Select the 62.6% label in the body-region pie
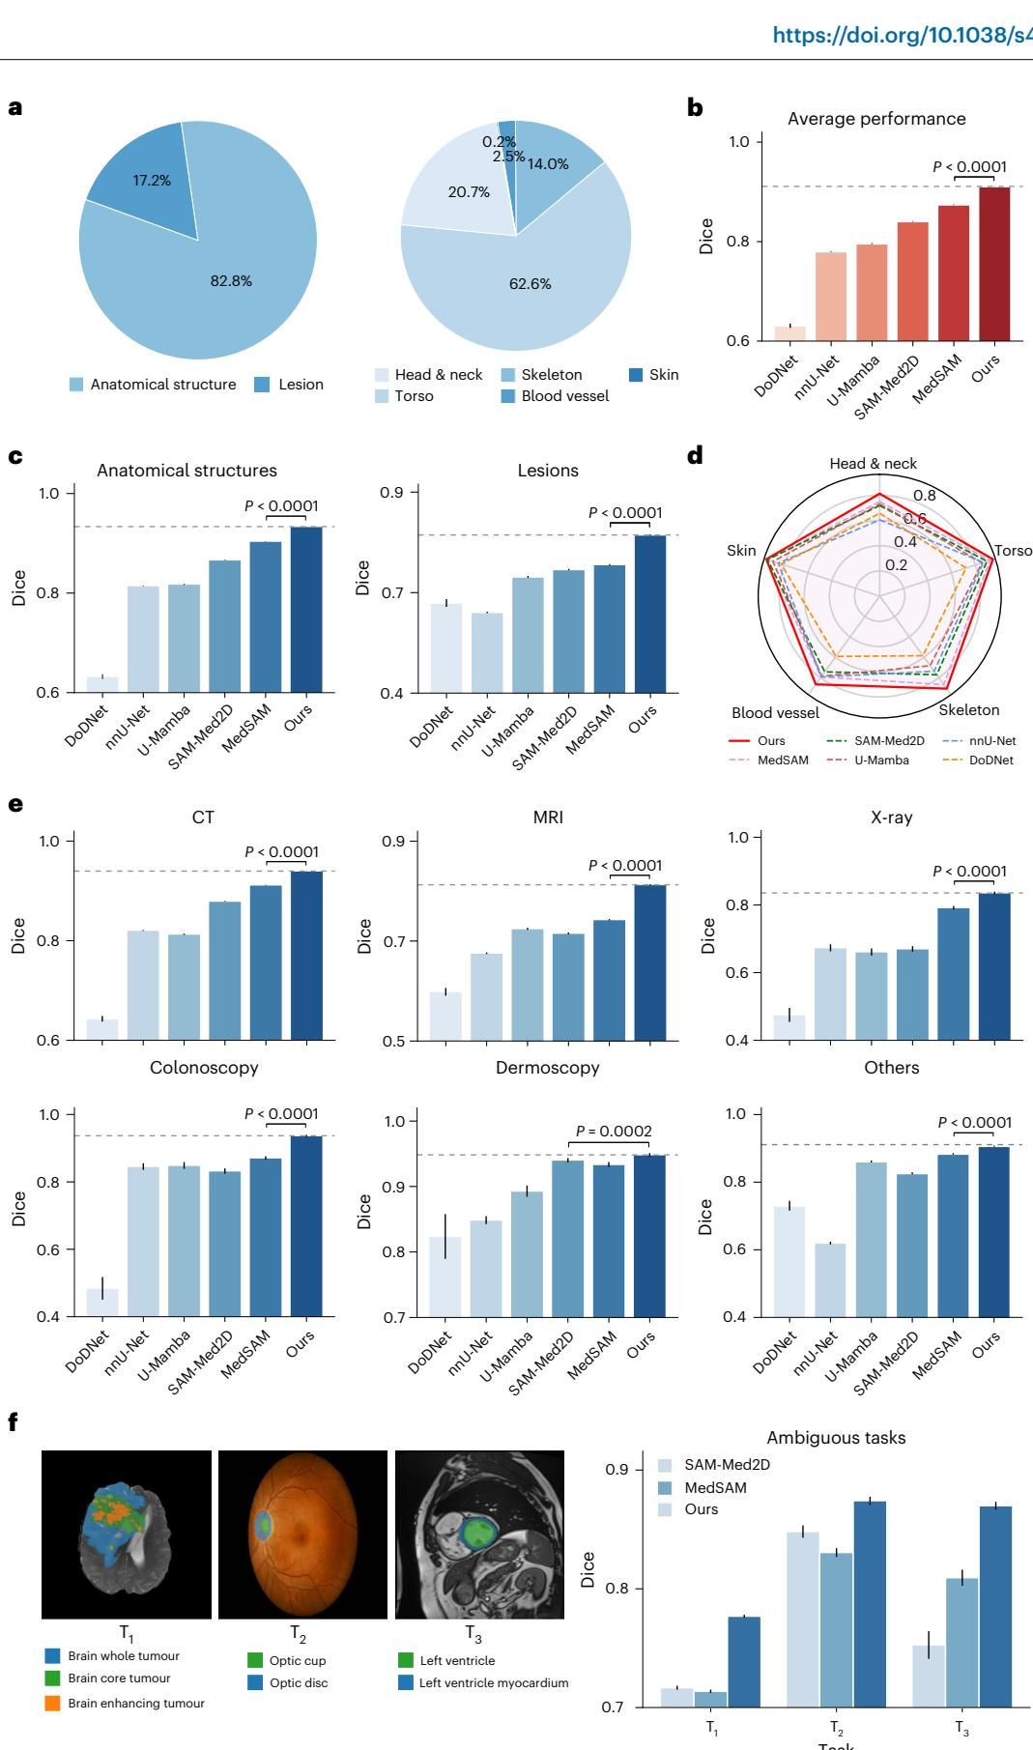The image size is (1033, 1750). (x=530, y=284)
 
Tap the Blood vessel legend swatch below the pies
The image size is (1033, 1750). (x=507, y=396)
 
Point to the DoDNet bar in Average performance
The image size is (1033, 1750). (x=789, y=333)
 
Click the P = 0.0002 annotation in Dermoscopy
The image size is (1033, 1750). (x=614, y=1131)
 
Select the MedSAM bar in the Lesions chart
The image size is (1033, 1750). (x=609, y=628)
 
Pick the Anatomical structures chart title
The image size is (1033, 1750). (x=187, y=471)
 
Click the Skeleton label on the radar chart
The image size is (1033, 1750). (x=969, y=710)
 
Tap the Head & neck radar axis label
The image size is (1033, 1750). (x=873, y=464)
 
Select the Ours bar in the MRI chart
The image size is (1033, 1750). (x=650, y=962)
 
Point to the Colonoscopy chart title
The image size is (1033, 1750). (x=204, y=1068)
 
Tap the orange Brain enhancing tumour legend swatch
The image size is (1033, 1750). (x=53, y=1704)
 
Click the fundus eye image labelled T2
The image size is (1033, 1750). (x=302, y=1535)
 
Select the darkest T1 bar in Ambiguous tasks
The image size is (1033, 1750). (x=744, y=1661)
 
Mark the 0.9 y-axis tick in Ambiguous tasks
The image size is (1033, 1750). (x=617, y=1470)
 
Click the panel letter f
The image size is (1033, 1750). (x=14, y=1422)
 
